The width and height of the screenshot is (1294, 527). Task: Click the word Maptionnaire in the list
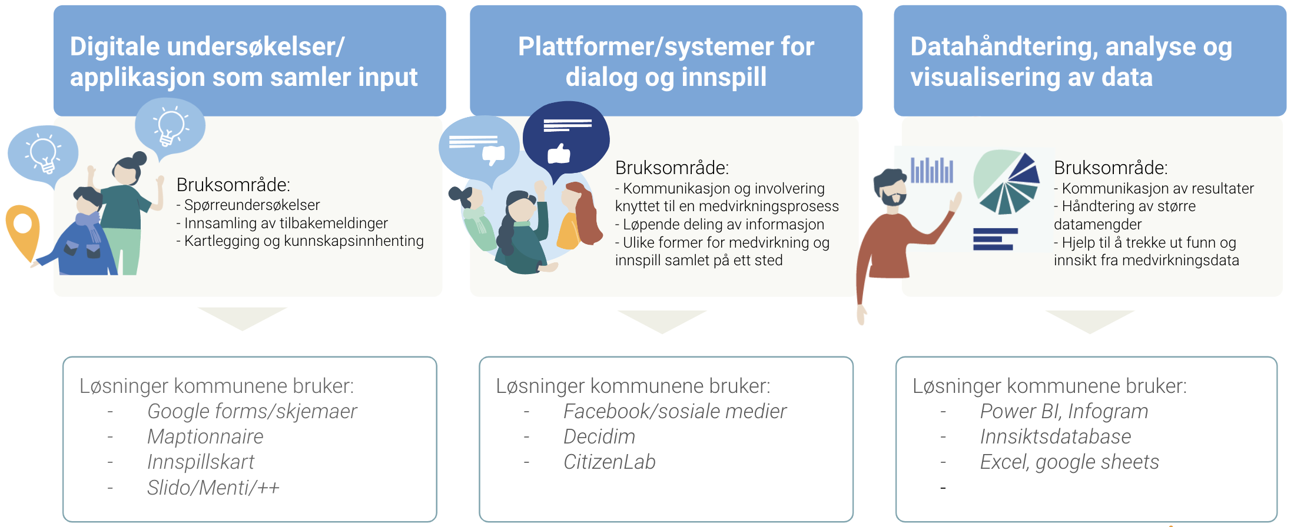pyautogui.click(x=205, y=436)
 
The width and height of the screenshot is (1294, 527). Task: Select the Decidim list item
pyautogui.click(x=599, y=436)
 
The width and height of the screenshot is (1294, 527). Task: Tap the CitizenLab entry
pyautogui.click(x=609, y=462)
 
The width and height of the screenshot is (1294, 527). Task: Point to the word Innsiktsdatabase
pyautogui.click(x=1055, y=436)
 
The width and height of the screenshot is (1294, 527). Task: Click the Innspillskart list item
pyautogui.click(x=200, y=462)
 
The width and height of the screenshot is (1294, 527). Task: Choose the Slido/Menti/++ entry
pyautogui.click(x=213, y=488)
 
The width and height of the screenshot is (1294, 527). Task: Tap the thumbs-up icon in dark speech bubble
pyautogui.click(x=559, y=154)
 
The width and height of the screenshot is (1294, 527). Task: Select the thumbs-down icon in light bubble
pyautogui.click(x=493, y=155)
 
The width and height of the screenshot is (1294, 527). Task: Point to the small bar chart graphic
pyautogui.click(x=931, y=171)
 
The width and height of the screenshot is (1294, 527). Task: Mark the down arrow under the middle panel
pyautogui.click(x=662, y=321)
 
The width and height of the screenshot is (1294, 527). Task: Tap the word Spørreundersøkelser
pyautogui.click(x=252, y=205)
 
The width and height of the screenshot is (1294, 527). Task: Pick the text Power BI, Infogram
pyautogui.click(x=1063, y=411)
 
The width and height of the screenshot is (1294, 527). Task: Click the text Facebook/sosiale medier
pyautogui.click(x=674, y=411)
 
